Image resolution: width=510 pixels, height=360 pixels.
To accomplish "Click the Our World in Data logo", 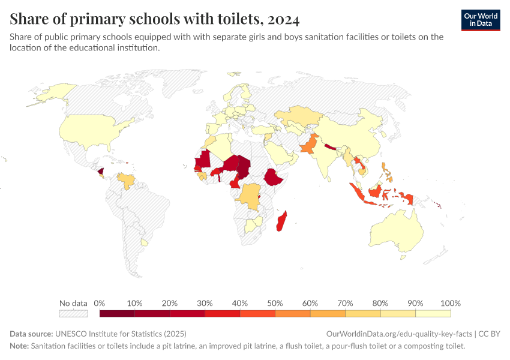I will [x=480, y=20].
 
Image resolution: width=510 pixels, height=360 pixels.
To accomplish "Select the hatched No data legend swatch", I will [x=73, y=313].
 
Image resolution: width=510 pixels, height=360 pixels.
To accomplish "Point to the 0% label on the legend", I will [x=100, y=303].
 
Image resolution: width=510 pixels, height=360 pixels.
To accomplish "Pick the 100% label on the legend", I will [x=450, y=303].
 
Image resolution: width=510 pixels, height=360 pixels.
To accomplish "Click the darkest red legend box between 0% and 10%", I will [x=117, y=313].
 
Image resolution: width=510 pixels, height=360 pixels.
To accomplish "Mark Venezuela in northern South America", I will [x=127, y=180].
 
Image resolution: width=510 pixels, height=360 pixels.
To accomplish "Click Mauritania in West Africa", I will [x=202, y=160].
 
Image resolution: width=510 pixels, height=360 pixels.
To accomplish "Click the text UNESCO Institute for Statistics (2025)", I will [x=121, y=334].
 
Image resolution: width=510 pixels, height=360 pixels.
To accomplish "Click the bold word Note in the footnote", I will [x=19, y=346].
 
